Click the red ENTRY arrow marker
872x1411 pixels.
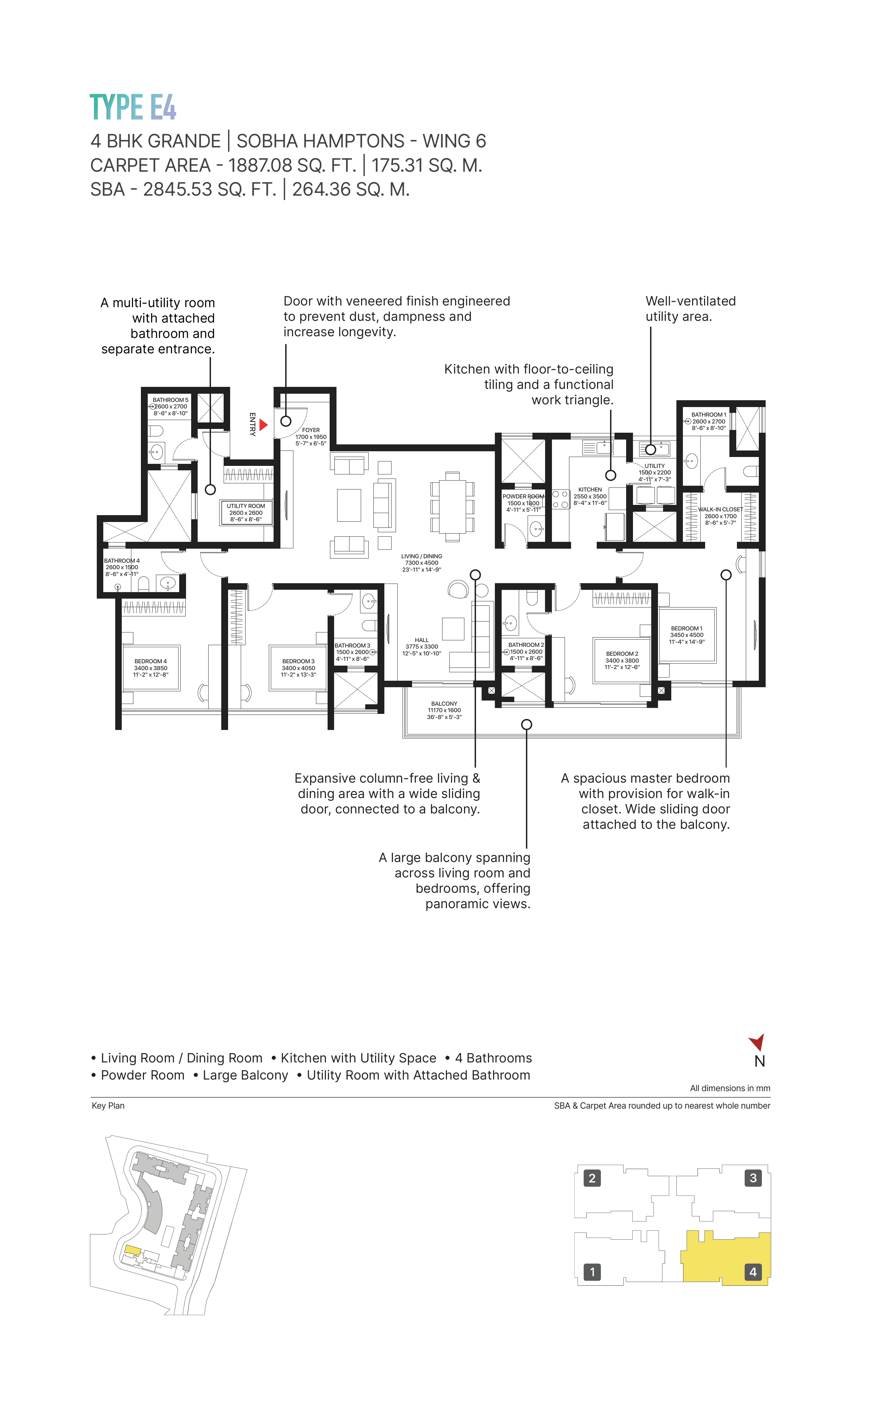[264, 425]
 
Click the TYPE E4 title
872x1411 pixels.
[133, 107]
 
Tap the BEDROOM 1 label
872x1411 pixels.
[686, 629]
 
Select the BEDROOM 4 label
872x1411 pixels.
[150, 662]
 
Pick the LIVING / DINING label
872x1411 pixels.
[422, 557]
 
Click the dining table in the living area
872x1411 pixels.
[452, 507]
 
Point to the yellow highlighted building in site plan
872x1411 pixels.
[132, 1251]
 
